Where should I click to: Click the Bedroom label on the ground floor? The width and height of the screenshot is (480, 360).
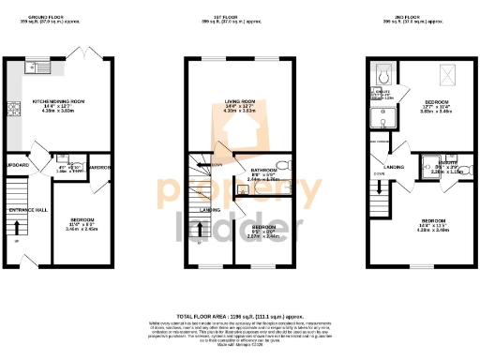pos(82,221)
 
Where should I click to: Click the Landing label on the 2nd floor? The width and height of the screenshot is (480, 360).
pos(394,168)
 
